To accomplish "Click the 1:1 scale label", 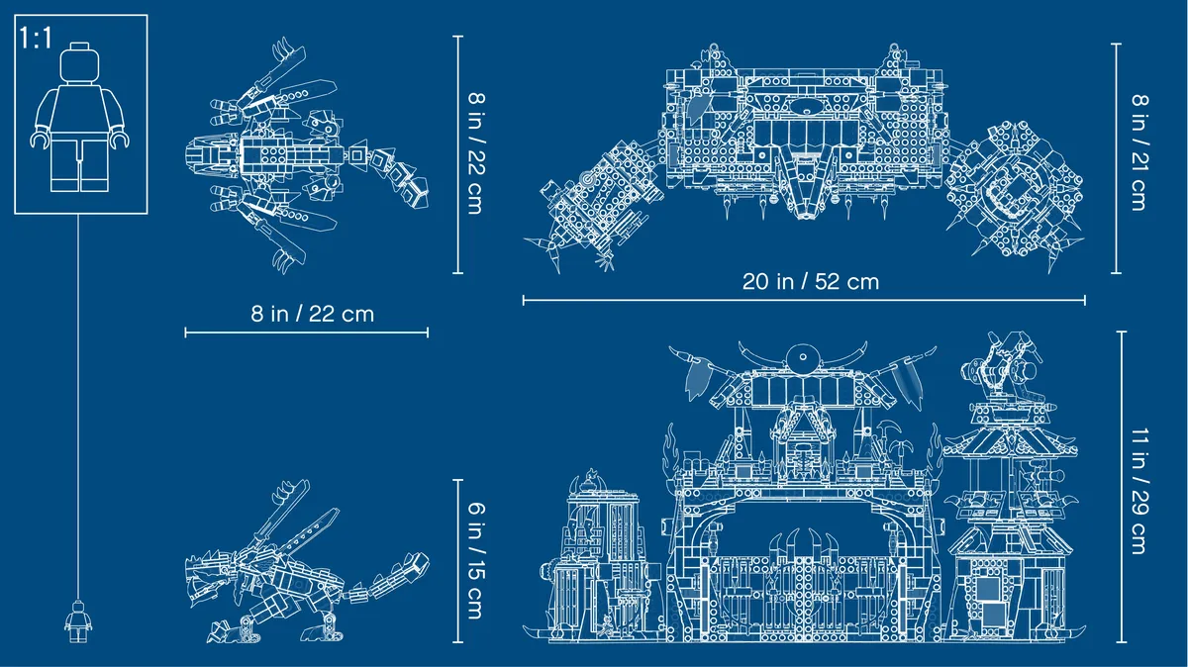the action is (x=36, y=39).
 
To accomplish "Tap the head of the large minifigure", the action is (x=79, y=62).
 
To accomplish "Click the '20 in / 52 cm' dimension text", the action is (x=811, y=281).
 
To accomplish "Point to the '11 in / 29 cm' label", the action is (x=1138, y=491).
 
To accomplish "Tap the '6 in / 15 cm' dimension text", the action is (x=476, y=560).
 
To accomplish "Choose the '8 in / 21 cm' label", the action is (x=1138, y=152).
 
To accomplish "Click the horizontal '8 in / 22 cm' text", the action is (x=313, y=314).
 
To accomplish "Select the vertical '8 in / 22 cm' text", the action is (x=476, y=153).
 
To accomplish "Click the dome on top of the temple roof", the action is (x=803, y=357).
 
